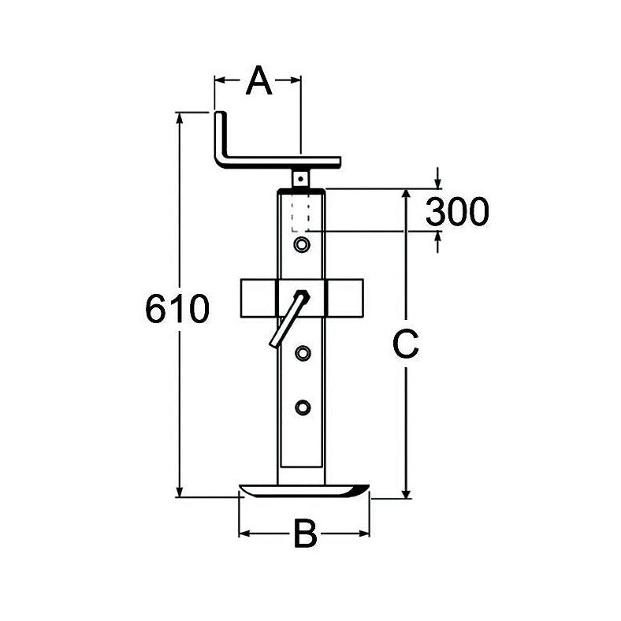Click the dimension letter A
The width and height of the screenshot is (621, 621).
point(258,80)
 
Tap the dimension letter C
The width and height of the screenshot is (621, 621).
point(405,344)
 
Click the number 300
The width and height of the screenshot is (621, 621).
point(457,211)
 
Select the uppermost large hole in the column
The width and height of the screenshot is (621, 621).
point(301,245)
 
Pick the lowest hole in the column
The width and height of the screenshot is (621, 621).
point(301,407)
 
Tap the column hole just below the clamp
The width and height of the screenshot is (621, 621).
point(301,352)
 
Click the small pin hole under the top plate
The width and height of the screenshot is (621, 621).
point(300,178)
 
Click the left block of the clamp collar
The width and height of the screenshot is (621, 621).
point(257,298)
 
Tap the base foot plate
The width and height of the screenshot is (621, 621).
point(303,491)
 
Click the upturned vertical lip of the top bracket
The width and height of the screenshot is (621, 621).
point(219,138)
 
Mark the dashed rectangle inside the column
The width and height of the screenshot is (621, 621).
point(300,213)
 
